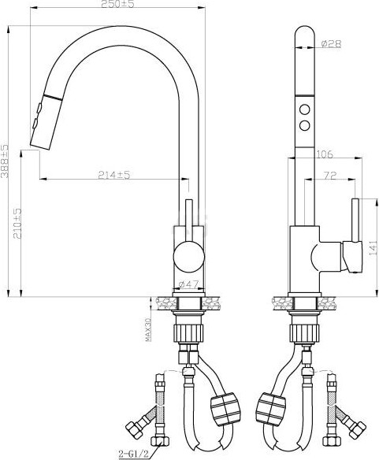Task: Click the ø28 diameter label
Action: tap(330, 44)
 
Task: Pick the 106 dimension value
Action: tap(324, 154)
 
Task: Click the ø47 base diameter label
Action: tap(187, 284)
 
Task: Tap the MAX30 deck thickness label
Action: tap(148, 326)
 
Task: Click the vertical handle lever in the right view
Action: tap(355, 224)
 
